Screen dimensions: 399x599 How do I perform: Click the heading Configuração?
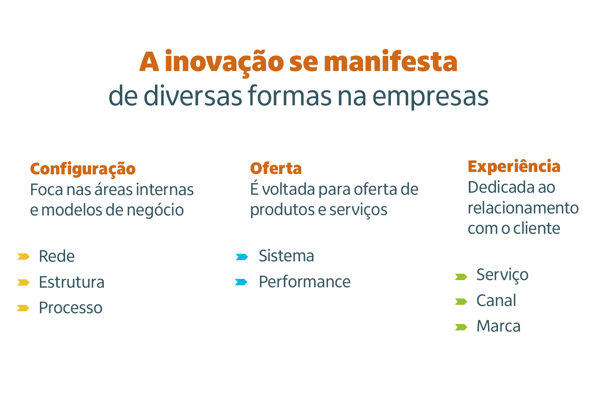pos(83,169)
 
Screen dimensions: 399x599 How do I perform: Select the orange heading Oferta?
pos(276,169)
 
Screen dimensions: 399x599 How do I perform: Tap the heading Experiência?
pos(514,167)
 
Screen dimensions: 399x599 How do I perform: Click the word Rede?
pos(57,257)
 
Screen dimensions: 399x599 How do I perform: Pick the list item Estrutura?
pos(71,282)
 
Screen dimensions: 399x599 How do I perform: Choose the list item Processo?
pos(71,308)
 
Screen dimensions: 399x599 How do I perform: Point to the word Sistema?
pos(286,256)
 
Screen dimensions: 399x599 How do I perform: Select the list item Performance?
pos(305,282)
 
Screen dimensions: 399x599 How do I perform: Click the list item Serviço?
pos(502,275)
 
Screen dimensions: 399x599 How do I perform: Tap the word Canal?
pos(496,301)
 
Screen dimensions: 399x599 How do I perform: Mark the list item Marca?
pos(498,327)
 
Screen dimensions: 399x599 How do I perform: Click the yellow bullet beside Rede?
pos(24,257)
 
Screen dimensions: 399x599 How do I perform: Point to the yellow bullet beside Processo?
pos(24,308)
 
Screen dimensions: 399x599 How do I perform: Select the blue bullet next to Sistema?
pos(242,257)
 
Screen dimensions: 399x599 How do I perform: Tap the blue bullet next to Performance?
pos(242,282)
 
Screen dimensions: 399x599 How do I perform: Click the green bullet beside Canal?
pos(461,302)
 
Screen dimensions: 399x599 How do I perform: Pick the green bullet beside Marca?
pos(461,327)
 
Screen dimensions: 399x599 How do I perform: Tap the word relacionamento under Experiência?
pos(523,208)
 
